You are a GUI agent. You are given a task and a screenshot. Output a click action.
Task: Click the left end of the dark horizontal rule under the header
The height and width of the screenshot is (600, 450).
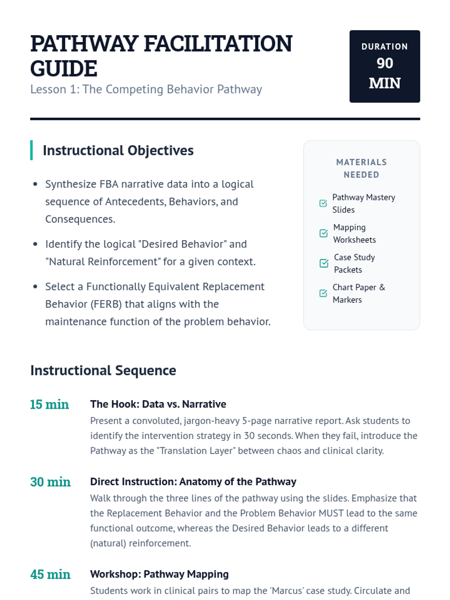pyautogui.click(x=30, y=119)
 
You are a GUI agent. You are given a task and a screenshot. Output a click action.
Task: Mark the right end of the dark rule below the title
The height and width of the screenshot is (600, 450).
pyautogui.click(x=420, y=119)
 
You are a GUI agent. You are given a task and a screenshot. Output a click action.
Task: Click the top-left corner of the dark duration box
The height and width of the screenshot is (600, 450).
pyautogui.click(x=350, y=30)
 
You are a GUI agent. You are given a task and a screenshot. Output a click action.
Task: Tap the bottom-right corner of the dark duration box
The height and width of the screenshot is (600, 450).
pyautogui.click(x=420, y=102)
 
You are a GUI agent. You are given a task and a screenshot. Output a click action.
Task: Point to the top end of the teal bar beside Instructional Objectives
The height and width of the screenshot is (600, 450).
pyautogui.click(x=31, y=141)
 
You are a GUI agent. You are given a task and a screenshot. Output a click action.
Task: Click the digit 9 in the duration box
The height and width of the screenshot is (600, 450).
pyautogui.click(x=381, y=63)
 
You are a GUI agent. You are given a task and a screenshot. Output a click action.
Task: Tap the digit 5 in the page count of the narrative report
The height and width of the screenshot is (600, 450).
pyautogui.click(x=244, y=421)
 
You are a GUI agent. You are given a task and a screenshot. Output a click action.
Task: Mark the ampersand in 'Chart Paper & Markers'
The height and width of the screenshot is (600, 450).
pyautogui.click(x=382, y=287)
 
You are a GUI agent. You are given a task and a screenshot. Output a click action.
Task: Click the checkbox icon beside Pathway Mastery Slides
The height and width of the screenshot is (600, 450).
pyautogui.click(x=323, y=203)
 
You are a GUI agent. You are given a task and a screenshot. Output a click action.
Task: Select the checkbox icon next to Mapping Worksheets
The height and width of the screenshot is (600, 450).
pyautogui.click(x=324, y=233)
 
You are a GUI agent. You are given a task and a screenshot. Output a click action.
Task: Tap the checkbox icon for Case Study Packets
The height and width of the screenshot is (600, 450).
pyautogui.click(x=324, y=263)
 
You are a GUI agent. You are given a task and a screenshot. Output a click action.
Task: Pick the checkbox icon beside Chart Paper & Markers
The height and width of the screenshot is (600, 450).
pyautogui.click(x=323, y=293)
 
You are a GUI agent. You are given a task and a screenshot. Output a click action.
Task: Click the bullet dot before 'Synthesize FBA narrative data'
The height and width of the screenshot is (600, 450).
pyautogui.click(x=35, y=184)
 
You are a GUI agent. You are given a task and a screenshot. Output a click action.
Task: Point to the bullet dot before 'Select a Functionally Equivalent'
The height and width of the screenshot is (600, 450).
pyautogui.click(x=35, y=287)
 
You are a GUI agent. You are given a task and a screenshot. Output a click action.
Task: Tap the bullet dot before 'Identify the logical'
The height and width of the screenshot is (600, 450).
pyautogui.click(x=35, y=244)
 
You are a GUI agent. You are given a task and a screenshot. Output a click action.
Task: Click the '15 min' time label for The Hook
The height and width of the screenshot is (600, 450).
pyautogui.click(x=49, y=405)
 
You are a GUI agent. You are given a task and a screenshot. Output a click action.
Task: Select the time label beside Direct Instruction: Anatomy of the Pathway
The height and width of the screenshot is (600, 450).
pyautogui.click(x=50, y=482)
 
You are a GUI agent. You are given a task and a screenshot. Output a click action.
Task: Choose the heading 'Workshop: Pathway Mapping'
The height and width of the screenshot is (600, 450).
pyautogui.click(x=159, y=574)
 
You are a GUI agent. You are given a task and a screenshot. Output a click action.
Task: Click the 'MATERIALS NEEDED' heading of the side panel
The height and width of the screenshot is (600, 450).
pyautogui.click(x=361, y=168)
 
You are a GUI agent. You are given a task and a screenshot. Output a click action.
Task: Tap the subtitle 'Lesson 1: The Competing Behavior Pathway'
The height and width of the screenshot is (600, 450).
pyautogui.click(x=146, y=89)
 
